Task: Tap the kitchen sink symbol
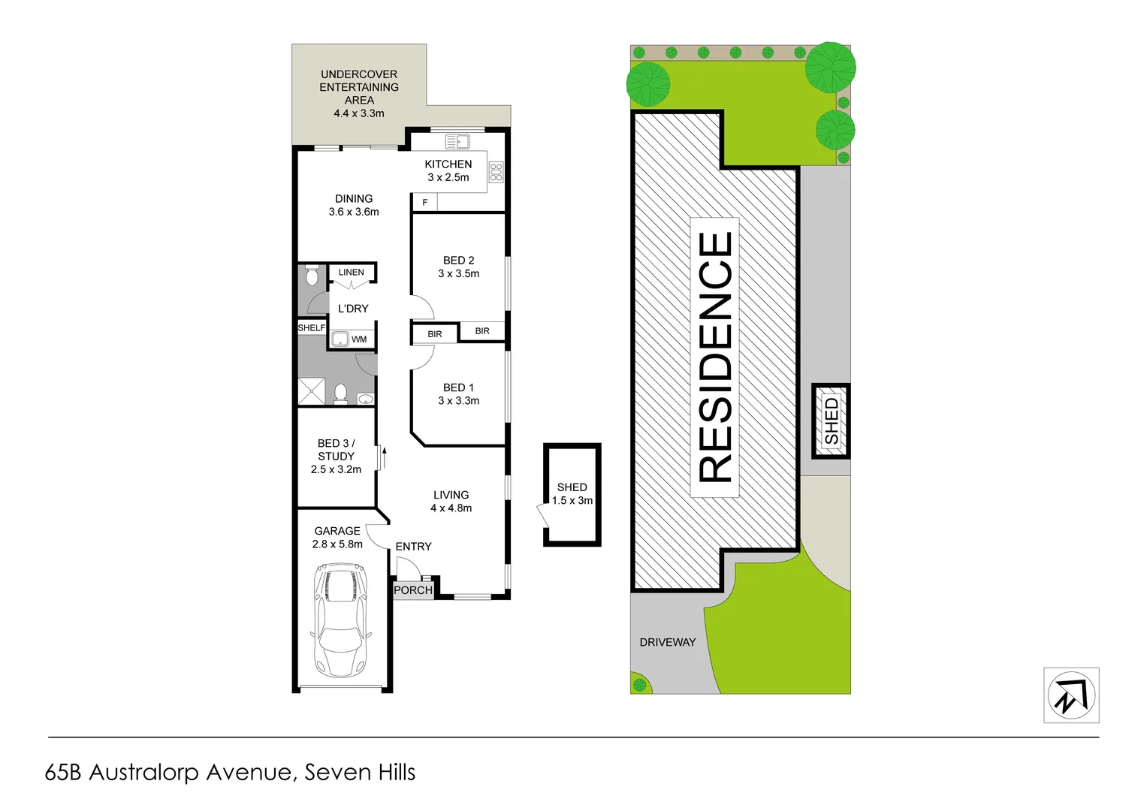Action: tap(457, 141)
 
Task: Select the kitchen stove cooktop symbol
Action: tap(496, 172)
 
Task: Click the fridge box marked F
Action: tap(424, 202)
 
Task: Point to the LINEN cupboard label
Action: tap(351, 272)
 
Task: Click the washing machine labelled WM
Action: tap(340, 339)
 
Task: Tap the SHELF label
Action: tap(312, 327)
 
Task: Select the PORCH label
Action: tap(413, 590)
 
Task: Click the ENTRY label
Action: tap(413, 547)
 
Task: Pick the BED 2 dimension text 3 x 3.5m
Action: tap(458, 273)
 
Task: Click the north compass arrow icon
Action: tap(1071, 695)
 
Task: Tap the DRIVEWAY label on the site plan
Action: tap(667, 642)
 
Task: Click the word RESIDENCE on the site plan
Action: tap(715, 357)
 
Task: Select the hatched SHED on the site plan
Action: tap(831, 421)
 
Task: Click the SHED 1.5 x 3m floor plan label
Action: tap(572, 494)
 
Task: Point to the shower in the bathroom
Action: tap(312, 391)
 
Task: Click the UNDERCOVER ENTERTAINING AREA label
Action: tap(359, 93)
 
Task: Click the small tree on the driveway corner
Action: tap(639, 685)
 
